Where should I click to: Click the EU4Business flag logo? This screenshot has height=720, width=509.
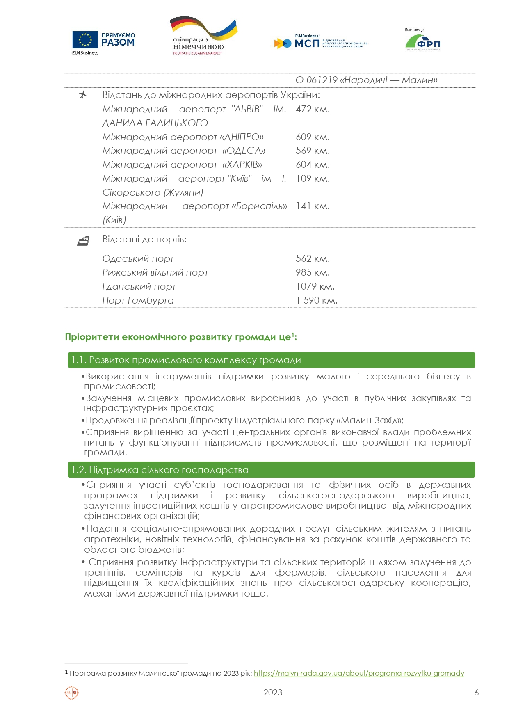pos(85,40)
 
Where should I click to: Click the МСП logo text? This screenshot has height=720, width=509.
pos(307,43)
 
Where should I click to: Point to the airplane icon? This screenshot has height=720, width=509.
pos(83,95)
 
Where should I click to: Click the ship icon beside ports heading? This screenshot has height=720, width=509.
pos(83,241)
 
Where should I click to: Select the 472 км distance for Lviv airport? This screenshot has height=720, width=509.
pos(313,110)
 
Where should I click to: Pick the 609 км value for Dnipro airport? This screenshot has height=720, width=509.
pos(313,137)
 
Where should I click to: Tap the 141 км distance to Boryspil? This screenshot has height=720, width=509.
pos(313,206)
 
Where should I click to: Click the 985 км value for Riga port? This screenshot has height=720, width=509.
pos(313,272)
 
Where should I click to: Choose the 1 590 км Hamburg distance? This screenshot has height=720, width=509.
pos(317,300)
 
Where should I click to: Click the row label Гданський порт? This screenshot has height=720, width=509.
pos(139,286)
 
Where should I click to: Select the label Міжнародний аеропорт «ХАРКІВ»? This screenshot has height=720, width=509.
pos(182,165)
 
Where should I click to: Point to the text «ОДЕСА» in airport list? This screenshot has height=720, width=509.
pos(244,151)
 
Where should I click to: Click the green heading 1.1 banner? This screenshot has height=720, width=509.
pos(271,360)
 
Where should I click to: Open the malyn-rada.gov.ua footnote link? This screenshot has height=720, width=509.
pos(359,673)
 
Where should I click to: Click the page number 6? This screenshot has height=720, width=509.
pos(476,693)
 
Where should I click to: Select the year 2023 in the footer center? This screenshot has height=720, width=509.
pos(273,693)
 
